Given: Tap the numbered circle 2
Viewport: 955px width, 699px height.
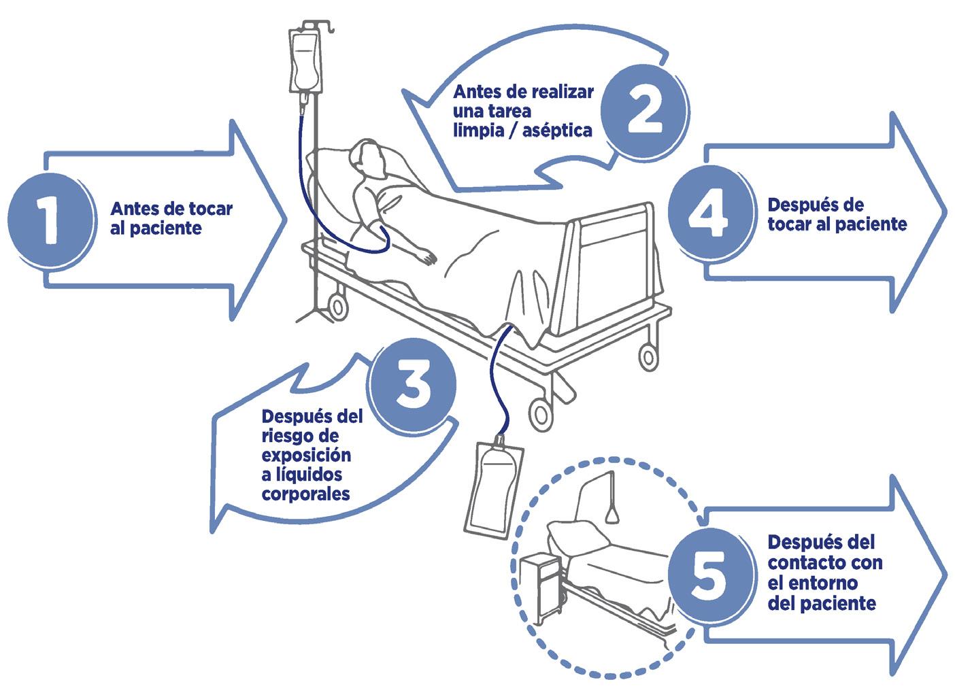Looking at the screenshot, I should click(x=642, y=111).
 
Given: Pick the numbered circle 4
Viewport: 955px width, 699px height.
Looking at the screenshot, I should click(x=708, y=213).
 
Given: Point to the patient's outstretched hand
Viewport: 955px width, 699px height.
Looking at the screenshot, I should click(x=428, y=258).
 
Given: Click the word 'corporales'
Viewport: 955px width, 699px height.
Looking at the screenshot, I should click(x=305, y=494).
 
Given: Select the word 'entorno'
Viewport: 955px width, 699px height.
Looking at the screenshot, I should click(x=826, y=583).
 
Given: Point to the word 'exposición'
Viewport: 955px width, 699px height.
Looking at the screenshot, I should click(x=306, y=454).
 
